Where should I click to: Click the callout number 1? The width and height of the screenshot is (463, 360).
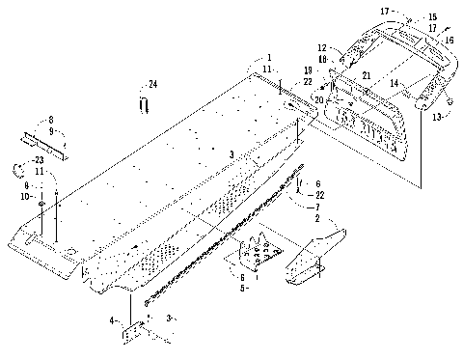coord(270,58)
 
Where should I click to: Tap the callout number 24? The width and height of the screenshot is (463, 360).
coord(151,85)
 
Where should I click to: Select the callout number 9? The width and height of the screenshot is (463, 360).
coord(51,128)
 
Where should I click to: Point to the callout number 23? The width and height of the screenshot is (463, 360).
coord(38,159)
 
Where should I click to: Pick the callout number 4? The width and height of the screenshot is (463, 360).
coord(112,318)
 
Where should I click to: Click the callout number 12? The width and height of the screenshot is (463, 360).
coord(321,46)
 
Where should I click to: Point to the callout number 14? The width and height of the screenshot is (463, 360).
coord(394,85)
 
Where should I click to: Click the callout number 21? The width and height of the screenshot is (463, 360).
coord(366,75)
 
